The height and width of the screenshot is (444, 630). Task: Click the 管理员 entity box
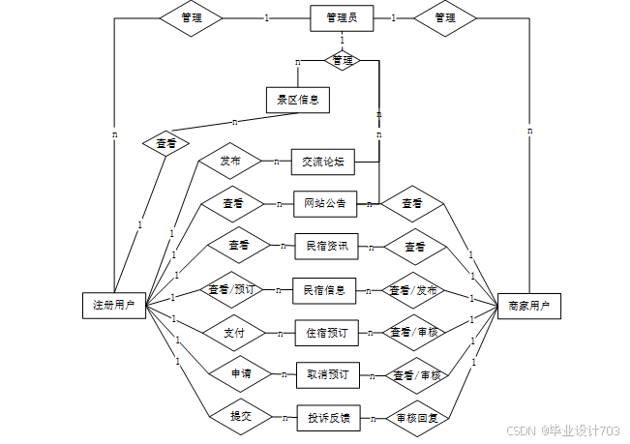pyautogui.click(x=342, y=18)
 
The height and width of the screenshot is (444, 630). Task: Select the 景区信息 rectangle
pyautogui.click(x=298, y=99)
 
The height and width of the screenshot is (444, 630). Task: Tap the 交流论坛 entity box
pyautogui.click(x=323, y=162)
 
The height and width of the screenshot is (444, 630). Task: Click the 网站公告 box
pyautogui.click(x=324, y=204)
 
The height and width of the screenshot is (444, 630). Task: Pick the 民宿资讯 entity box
pyautogui.click(x=326, y=247)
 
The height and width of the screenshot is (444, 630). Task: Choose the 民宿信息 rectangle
pyautogui.click(x=324, y=290)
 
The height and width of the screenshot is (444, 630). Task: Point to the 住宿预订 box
pyautogui.click(x=325, y=333)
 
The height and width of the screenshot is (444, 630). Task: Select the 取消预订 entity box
pyautogui.click(x=327, y=374)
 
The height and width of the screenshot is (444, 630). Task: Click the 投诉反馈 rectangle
pyautogui.click(x=328, y=418)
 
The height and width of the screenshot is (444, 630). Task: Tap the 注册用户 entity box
pyautogui.click(x=113, y=306)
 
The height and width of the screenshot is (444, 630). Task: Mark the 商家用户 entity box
pyautogui.click(x=528, y=306)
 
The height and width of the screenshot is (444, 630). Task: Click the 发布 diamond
pyautogui.click(x=230, y=161)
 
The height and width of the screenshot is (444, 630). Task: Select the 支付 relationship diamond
pyautogui.click(x=233, y=333)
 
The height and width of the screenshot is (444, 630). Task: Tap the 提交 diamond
pyautogui.click(x=241, y=417)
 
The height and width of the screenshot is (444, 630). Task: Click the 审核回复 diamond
pyautogui.click(x=418, y=419)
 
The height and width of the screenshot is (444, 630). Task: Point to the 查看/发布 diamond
pyautogui.click(x=413, y=290)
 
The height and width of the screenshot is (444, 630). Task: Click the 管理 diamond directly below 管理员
pyautogui.click(x=343, y=60)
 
